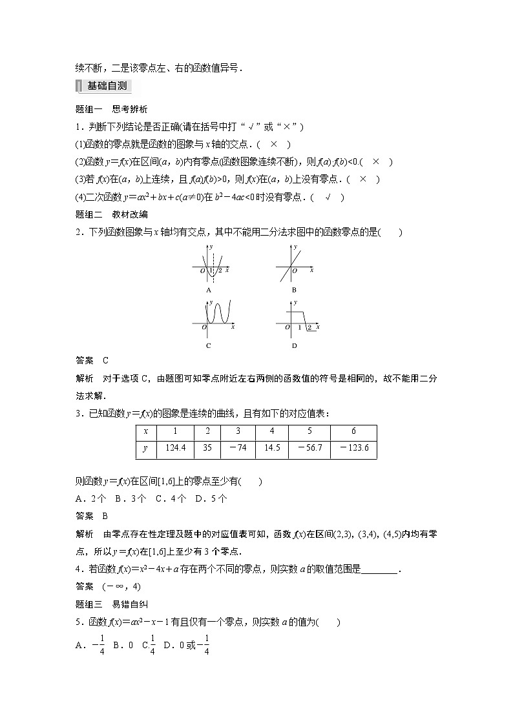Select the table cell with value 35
point(207,447)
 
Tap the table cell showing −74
point(238,447)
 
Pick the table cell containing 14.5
point(272,447)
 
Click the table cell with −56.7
point(309,447)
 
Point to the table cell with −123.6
point(353,447)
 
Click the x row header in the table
point(146,431)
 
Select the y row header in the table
point(146,447)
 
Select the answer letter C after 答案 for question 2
point(105,360)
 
